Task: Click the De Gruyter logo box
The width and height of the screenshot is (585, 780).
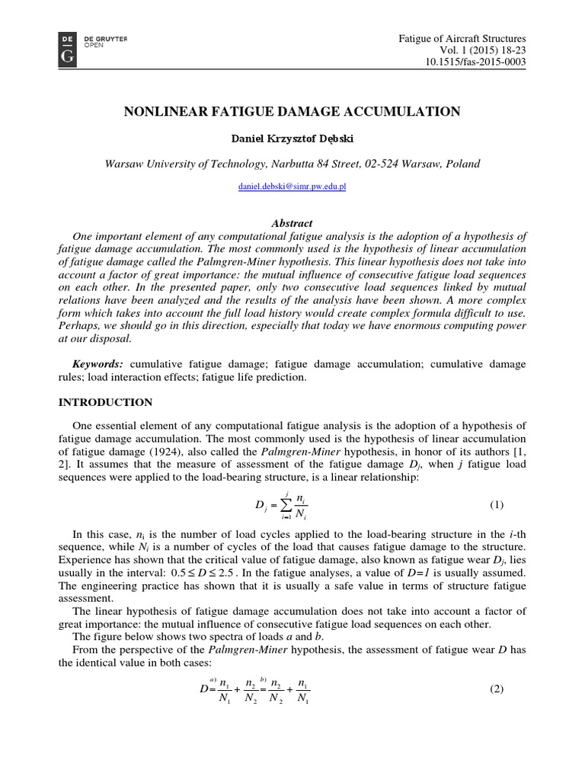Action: tap(67, 48)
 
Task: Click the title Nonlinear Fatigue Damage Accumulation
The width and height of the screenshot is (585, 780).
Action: tap(292, 112)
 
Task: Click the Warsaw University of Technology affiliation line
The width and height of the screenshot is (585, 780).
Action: tap(292, 165)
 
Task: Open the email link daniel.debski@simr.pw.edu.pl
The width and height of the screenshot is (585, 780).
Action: tap(292, 187)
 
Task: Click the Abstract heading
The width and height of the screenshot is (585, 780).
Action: tap(292, 223)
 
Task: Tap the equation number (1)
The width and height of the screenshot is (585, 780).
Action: tap(497, 505)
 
